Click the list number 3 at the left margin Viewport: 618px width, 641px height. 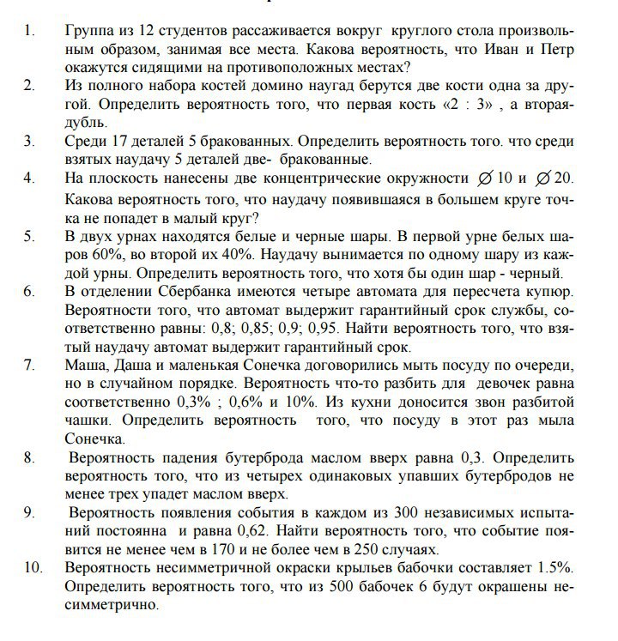(30, 141)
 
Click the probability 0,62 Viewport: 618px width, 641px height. (277, 531)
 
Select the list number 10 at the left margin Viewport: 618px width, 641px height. (33, 568)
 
